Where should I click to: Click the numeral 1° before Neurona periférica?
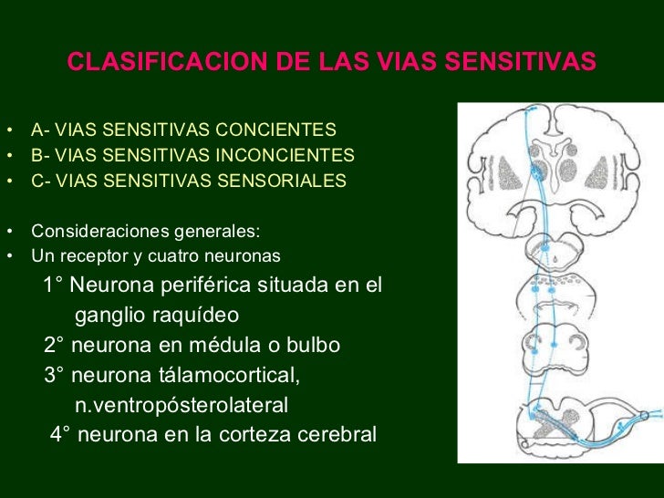(54, 285)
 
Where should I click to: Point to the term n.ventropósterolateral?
(181, 404)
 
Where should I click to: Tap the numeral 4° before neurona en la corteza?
(61, 434)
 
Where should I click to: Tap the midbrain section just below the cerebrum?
(546, 247)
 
